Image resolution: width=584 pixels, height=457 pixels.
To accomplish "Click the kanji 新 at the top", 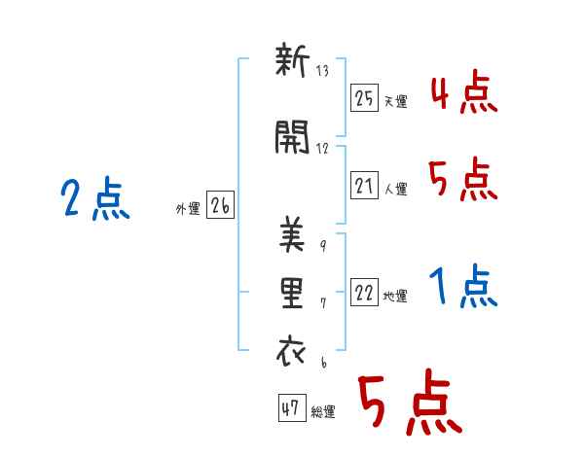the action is click(292, 60).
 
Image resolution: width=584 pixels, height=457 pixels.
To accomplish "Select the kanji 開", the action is click(292, 137).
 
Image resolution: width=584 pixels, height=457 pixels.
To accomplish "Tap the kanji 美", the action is click(292, 235).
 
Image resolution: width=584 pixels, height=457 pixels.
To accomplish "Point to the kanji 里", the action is click(292, 294).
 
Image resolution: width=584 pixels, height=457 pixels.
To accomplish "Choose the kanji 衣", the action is click(292, 350).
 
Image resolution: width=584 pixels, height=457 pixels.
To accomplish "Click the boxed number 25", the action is click(364, 98).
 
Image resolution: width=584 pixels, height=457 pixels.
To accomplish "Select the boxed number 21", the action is click(364, 185).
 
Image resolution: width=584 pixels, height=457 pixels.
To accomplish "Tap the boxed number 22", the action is click(364, 292).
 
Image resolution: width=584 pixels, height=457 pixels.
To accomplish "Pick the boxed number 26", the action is click(221, 205).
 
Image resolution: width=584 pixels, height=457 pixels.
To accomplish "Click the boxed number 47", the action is click(292, 407).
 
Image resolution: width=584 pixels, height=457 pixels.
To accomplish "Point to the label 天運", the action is click(395, 101).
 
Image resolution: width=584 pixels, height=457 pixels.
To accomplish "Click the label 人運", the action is click(395, 189).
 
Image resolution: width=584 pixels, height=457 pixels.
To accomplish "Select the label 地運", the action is click(395, 297).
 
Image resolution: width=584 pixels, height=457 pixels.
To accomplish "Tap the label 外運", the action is click(188, 209).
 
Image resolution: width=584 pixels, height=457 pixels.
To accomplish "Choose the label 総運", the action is click(323, 412).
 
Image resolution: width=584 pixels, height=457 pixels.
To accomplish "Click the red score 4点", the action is click(464, 92).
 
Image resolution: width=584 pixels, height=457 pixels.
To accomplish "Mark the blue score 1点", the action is click(463, 286).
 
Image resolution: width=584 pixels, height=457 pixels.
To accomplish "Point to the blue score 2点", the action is click(95, 198).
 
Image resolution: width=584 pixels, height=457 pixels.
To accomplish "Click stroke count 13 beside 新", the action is click(322, 71).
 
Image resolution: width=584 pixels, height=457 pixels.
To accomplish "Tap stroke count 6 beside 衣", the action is click(324, 363).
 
